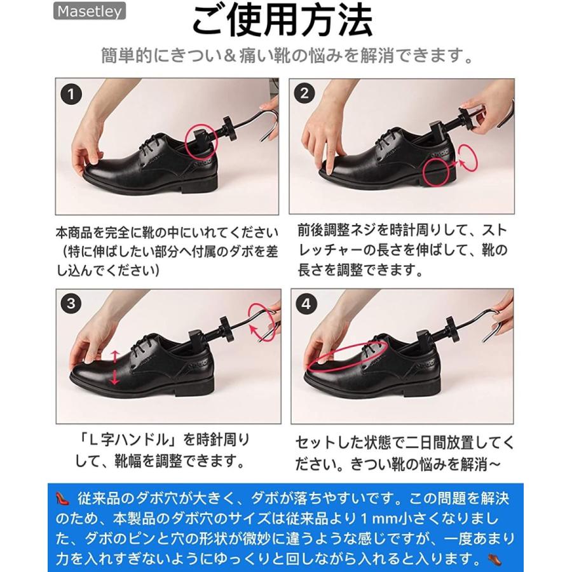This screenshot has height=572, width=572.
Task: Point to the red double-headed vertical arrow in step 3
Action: (115, 367)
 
